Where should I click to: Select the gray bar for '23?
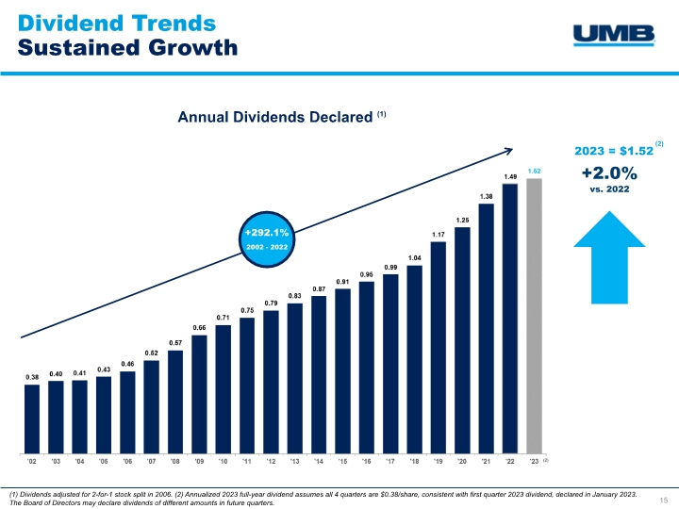(x=535, y=315)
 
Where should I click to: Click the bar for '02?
(x=32, y=418)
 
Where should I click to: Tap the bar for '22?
(x=510, y=318)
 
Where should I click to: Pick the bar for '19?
(x=439, y=347)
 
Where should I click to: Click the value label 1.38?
(x=487, y=196)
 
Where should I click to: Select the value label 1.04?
(x=415, y=257)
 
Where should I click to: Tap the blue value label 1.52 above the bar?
(x=535, y=171)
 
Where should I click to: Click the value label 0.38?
(x=32, y=377)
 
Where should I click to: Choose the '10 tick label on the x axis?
(x=224, y=462)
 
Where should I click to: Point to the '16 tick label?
(x=367, y=462)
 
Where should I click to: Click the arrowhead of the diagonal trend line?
(x=509, y=149)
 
